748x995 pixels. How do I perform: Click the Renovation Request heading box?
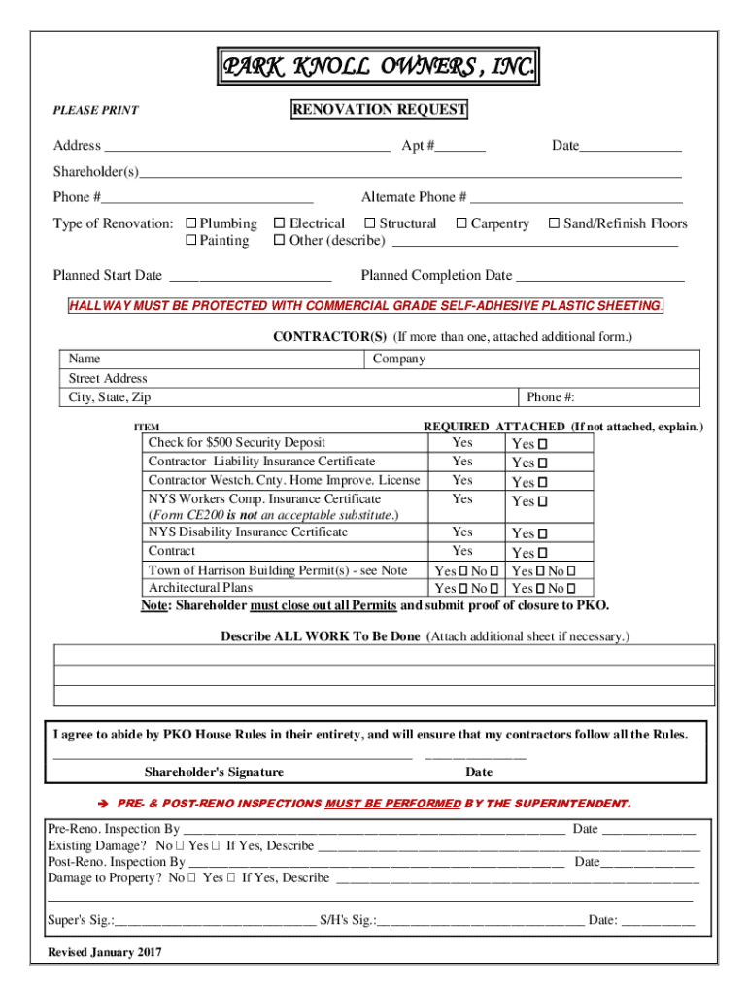[x=379, y=110]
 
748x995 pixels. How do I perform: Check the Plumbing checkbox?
[x=191, y=223]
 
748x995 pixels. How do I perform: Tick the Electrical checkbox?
[x=280, y=223]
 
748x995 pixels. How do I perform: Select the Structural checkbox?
[x=369, y=223]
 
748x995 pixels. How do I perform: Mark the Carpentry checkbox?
[x=461, y=223]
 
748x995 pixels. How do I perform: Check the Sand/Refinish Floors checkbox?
[x=554, y=223]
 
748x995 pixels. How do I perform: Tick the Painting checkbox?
[x=191, y=241]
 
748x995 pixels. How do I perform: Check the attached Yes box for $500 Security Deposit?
[x=543, y=444]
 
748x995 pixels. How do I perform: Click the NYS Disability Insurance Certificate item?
[x=248, y=532]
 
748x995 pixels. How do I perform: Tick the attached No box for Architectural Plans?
[x=571, y=589]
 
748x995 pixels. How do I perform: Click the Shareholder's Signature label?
[x=214, y=772]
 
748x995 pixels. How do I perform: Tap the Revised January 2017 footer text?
[x=105, y=952]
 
